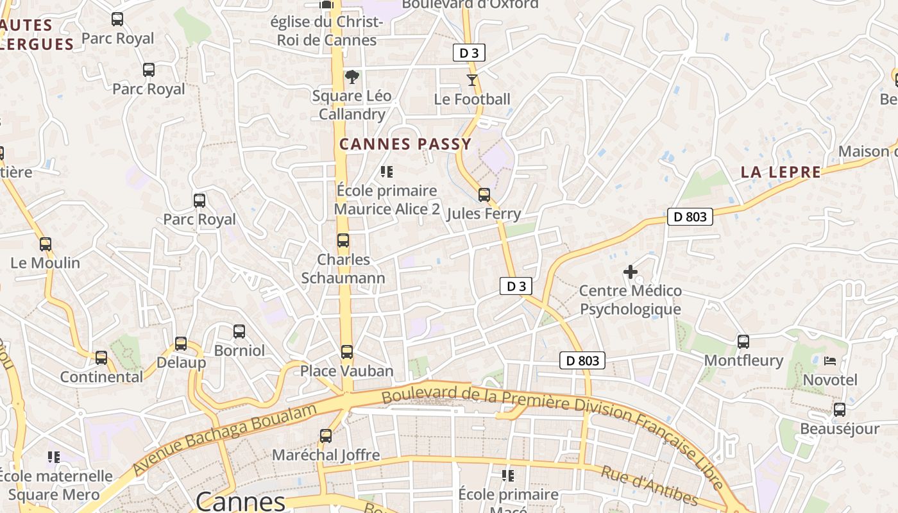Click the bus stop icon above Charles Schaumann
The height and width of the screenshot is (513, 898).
tap(343, 241)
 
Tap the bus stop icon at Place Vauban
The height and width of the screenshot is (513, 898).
tap(347, 352)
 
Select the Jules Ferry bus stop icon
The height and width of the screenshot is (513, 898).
tap(484, 195)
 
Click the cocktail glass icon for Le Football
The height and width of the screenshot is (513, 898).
tap(472, 80)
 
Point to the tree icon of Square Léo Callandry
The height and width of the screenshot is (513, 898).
tap(352, 78)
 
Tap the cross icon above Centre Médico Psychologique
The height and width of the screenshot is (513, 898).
tap(631, 272)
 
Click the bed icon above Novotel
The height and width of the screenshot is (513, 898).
tap(830, 361)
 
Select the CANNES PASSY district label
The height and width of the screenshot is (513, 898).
tap(405, 144)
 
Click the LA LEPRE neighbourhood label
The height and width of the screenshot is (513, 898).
tap(781, 172)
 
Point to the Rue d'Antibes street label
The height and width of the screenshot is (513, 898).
tap(649, 485)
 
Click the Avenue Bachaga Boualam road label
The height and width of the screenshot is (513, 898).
tap(224, 440)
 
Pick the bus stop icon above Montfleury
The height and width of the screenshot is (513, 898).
tap(743, 342)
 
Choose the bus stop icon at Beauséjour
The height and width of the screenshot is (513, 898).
tap(840, 410)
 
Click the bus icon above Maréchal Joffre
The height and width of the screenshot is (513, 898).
tap(326, 436)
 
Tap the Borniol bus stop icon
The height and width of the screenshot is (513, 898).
tap(239, 332)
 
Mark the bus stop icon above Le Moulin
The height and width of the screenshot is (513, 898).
tap(46, 244)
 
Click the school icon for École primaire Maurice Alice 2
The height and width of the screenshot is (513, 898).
tap(387, 171)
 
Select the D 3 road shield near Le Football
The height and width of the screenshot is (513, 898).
tap(469, 53)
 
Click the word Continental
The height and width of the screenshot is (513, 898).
tap(101, 377)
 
